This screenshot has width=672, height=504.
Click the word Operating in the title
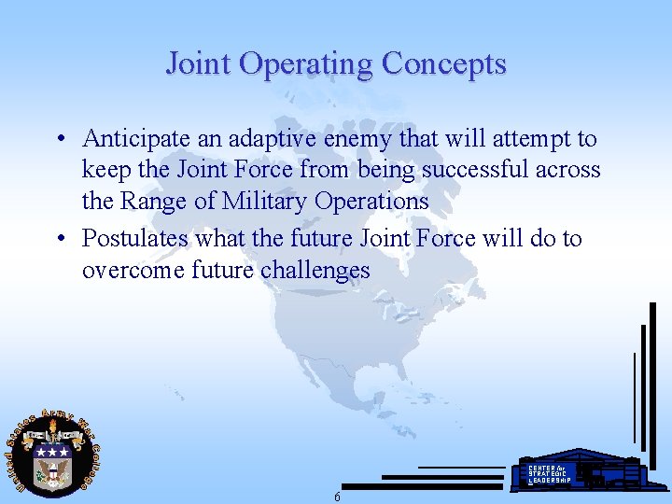pyautogui.click(x=304, y=64)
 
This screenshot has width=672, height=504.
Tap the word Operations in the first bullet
pyautogui.click(x=371, y=201)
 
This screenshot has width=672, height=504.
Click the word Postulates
pyautogui.click(x=133, y=239)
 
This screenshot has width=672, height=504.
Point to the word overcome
pyautogui.click(x=123, y=271)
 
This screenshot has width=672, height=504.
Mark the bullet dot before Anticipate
pyautogui.click(x=59, y=140)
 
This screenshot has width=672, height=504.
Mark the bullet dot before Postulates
pyautogui.click(x=59, y=240)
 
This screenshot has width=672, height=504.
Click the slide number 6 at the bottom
pyautogui.click(x=337, y=497)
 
